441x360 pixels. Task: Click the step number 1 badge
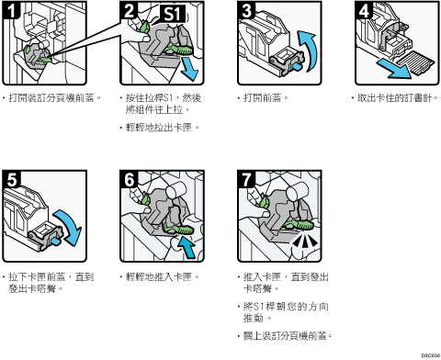click(11, 9)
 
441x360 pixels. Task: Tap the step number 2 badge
click(129, 9)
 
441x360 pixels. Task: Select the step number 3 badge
click(246, 9)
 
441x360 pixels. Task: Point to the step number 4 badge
click(364, 9)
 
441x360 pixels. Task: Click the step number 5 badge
click(12, 179)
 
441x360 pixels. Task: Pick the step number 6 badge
click(129, 179)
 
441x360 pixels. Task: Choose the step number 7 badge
click(246, 179)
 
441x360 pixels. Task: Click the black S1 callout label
click(173, 14)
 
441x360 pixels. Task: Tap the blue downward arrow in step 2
click(190, 70)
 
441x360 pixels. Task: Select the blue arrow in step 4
click(394, 69)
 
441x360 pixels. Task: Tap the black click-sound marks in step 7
click(304, 241)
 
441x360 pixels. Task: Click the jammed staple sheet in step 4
click(414, 63)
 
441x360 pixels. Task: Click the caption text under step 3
click(263, 98)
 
